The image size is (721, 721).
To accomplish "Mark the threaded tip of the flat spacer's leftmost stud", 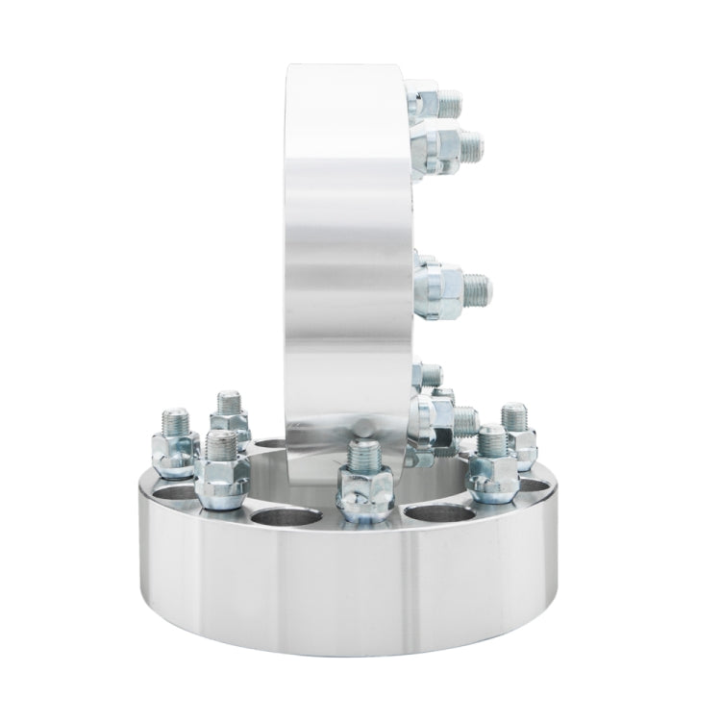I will [165, 420].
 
